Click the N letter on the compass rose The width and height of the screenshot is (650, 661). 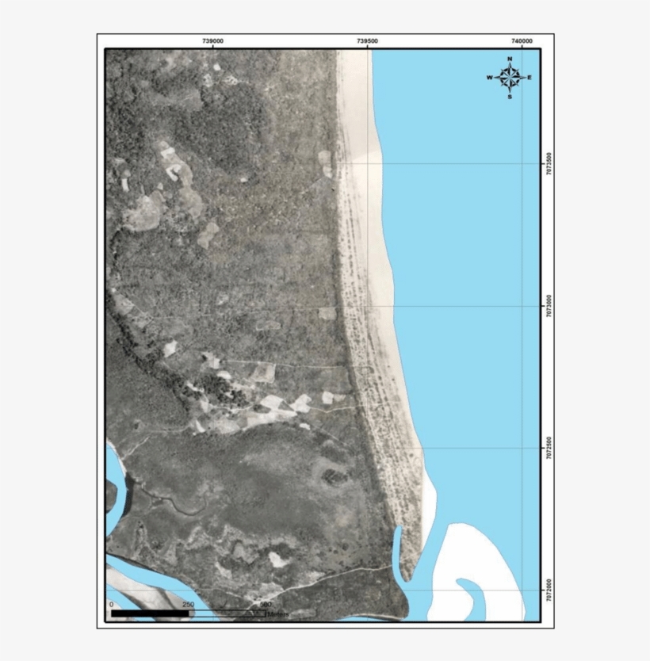click(510, 59)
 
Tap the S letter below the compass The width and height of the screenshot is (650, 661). click(510, 97)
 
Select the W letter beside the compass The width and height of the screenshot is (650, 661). click(490, 78)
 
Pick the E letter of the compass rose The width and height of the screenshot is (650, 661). click(530, 78)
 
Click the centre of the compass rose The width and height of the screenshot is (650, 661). click(510, 78)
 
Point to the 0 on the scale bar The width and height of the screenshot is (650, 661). click(111, 605)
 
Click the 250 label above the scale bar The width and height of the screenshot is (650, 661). click(188, 605)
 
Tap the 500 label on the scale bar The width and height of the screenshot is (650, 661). click(266, 605)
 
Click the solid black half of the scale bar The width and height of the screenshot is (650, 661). click(150, 613)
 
